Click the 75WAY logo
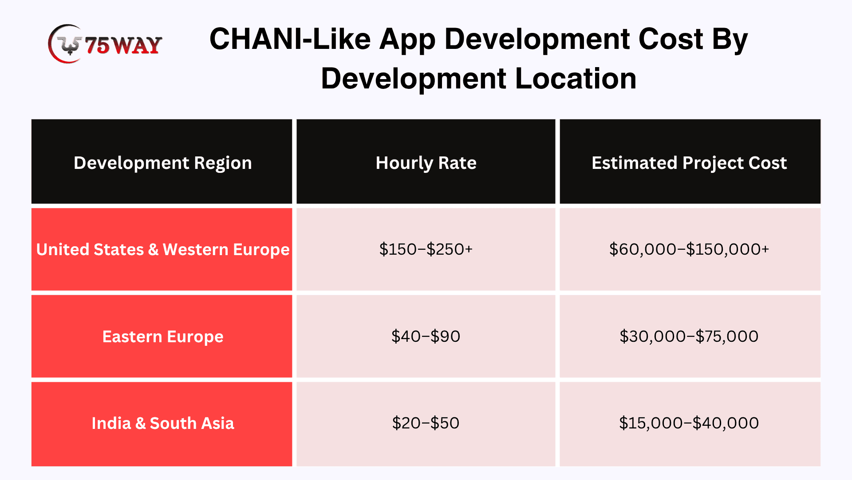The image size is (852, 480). pyautogui.click(x=105, y=44)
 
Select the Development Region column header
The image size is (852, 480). pyautogui.click(x=162, y=163)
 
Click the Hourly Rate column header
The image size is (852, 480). pyautogui.click(x=426, y=163)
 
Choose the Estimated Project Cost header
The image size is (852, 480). pyautogui.click(x=689, y=163)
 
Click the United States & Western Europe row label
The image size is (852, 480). pyautogui.click(x=163, y=249)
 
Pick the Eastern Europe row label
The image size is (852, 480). pyautogui.click(x=163, y=336)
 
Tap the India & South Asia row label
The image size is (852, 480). pyautogui.click(x=163, y=423)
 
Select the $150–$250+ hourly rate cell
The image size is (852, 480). pyautogui.click(x=426, y=249)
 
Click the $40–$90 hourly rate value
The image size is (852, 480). pyautogui.click(x=426, y=336)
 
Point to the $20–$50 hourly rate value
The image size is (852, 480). pyautogui.click(x=426, y=423)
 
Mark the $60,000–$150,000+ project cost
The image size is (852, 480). pyautogui.click(x=689, y=249)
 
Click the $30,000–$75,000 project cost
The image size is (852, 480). pyautogui.click(x=689, y=336)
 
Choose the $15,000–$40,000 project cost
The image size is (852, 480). pyautogui.click(x=689, y=423)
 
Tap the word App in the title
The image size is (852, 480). pyautogui.click(x=407, y=40)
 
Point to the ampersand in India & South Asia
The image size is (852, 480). pyautogui.click(x=140, y=423)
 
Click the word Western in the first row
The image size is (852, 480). pyautogui.click(x=196, y=249)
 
